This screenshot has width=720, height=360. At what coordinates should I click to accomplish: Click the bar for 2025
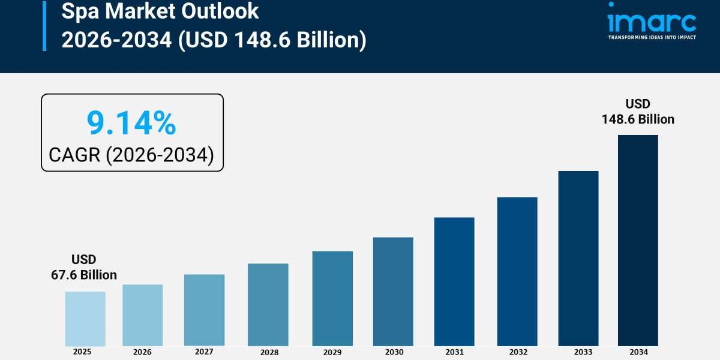tap(85, 319)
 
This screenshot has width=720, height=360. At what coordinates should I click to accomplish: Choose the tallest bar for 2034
tap(638, 240)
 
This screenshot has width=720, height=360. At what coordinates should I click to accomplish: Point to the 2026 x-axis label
tap(142, 352)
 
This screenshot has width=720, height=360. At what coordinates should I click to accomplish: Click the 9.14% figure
tap(131, 123)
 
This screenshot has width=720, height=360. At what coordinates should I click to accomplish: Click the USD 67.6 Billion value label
tap(84, 268)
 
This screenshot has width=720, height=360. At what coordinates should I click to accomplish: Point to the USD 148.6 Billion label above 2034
tap(638, 112)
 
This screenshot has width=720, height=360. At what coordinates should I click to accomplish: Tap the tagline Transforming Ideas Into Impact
tap(652, 37)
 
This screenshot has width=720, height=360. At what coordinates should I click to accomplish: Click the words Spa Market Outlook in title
tap(160, 11)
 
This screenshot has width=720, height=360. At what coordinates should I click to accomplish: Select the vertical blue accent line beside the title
tap(44, 25)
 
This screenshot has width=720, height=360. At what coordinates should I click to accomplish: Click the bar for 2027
tap(204, 310)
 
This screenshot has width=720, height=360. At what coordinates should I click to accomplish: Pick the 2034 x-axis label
tap(638, 352)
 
